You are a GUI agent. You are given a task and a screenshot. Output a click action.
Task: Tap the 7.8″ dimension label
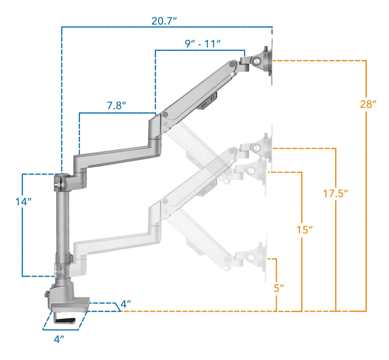coord(117,105)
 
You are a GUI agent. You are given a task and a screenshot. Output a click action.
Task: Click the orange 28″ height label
coord(368,104)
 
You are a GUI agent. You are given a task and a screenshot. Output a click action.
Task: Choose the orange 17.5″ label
coord(335,193)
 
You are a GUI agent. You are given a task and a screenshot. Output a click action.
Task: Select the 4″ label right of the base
coord(125,304)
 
